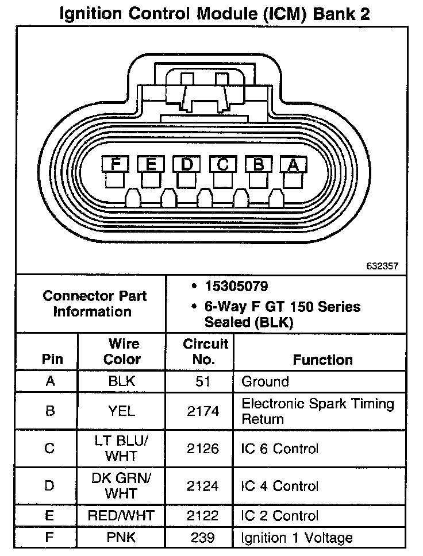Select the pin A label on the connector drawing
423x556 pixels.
(x=293, y=164)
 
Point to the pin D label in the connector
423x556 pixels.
(x=186, y=164)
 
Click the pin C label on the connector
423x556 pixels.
(x=222, y=164)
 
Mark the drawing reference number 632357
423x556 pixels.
(x=382, y=266)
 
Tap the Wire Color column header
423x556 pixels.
(x=122, y=352)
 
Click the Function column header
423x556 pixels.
(x=322, y=360)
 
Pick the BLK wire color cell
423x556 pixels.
(x=122, y=381)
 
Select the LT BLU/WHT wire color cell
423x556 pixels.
(x=122, y=449)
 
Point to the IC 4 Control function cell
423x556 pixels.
(x=279, y=486)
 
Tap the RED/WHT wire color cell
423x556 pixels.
(x=122, y=515)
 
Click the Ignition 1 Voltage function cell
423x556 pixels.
(x=297, y=538)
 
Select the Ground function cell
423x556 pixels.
(x=265, y=381)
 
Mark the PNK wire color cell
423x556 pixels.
(x=122, y=538)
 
